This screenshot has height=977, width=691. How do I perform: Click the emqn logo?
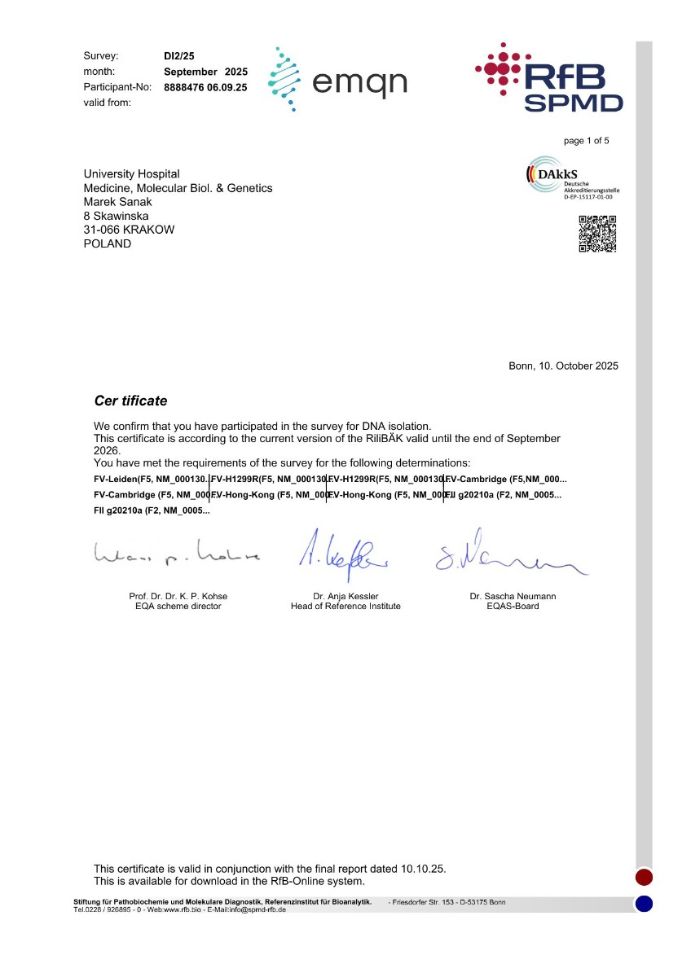[x=337, y=79]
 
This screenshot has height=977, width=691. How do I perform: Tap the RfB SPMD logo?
[x=549, y=77]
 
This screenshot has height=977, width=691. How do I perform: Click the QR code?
[x=596, y=234]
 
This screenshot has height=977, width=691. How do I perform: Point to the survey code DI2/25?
[x=179, y=56]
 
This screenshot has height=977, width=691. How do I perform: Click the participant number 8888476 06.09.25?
[x=205, y=87]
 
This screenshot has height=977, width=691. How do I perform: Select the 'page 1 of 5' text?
[x=586, y=141]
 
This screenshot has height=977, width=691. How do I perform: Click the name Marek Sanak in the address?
[x=118, y=202]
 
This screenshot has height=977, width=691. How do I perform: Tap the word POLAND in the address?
[x=108, y=243]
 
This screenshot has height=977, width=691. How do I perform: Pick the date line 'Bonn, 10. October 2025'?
[x=563, y=366]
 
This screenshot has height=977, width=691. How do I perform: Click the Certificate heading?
[x=131, y=401]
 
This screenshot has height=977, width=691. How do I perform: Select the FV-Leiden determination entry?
[x=151, y=478]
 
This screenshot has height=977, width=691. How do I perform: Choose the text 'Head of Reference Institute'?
[x=345, y=606]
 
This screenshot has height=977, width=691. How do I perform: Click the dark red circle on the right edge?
[x=644, y=877]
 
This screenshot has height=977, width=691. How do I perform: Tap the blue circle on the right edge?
[x=644, y=903]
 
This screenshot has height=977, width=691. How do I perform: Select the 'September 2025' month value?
[x=205, y=72]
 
